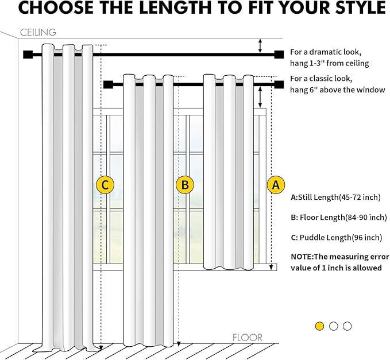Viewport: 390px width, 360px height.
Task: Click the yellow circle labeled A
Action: (x=276, y=185)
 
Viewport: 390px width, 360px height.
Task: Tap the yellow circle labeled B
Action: (x=185, y=185)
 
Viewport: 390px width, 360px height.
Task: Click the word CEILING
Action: (x=38, y=32)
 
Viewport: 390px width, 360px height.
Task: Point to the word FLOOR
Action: (x=248, y=338)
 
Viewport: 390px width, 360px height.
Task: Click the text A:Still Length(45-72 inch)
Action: (x=336, y=197)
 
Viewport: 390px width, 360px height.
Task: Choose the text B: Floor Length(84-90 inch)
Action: (x=339, y=217)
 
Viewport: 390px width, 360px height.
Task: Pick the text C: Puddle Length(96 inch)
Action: (x=336, y=237)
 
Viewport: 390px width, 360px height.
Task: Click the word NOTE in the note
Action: (x=302, y=257)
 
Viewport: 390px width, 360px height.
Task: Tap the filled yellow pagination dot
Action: (x=320, y=326)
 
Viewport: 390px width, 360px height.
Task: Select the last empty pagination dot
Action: (x=347, y=326)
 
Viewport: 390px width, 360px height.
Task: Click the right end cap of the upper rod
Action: (x=279, y=55)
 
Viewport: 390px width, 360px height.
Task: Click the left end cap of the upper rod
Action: (x=26, y=55)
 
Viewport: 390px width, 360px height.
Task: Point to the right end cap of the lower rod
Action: (x=279, y=85)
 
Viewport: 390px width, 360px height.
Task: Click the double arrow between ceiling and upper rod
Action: (x=260, y=46)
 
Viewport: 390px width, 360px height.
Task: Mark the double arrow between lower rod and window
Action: (x=260, y=96)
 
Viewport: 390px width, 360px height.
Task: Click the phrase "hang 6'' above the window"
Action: (x=337, y=90)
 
